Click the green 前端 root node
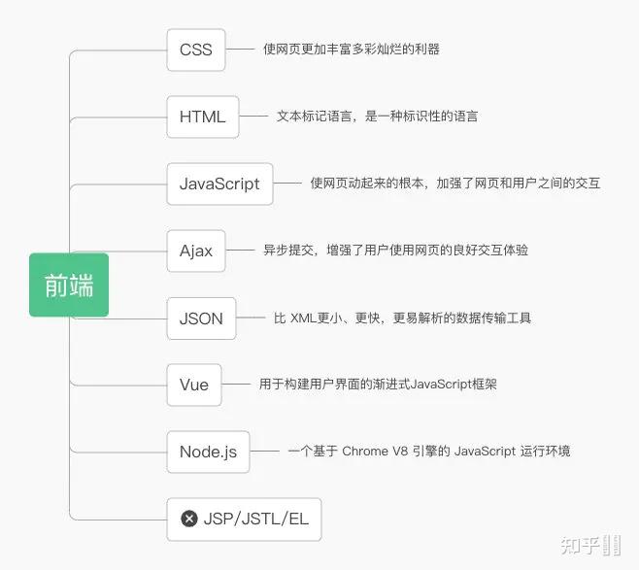coord(69,285)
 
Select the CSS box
coord(196,50)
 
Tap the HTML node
coord(202,117)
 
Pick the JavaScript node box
coord(219,184)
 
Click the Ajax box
coord(196,251)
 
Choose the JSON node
coord(201,318)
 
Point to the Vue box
coord(194,385)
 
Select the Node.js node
coord(208,452)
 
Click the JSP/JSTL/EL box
coord(244,519)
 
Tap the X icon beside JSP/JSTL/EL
coord(189,519)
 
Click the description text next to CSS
coord(351,49)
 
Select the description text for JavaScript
coord(455,183)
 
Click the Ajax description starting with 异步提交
coord(395,251)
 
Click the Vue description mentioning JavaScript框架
coord(378,385)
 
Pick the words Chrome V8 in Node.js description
coord(375,452)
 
